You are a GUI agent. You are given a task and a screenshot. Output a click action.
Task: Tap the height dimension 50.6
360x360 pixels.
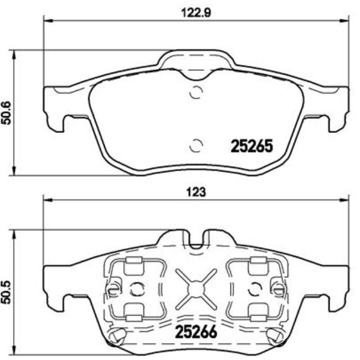[7, 113]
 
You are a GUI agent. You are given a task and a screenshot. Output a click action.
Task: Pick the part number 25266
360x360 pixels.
[196, 332]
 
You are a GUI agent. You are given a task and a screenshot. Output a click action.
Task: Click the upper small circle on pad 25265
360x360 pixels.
[195, 92]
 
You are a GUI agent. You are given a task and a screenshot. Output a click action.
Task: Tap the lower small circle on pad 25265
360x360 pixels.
[195, 146]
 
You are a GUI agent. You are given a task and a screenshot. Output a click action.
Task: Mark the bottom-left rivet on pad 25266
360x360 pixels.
[117, 335]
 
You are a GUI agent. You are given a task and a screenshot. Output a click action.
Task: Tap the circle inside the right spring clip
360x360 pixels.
[254, 289]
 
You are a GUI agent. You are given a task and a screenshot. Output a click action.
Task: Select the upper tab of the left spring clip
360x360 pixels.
[132, 266]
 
